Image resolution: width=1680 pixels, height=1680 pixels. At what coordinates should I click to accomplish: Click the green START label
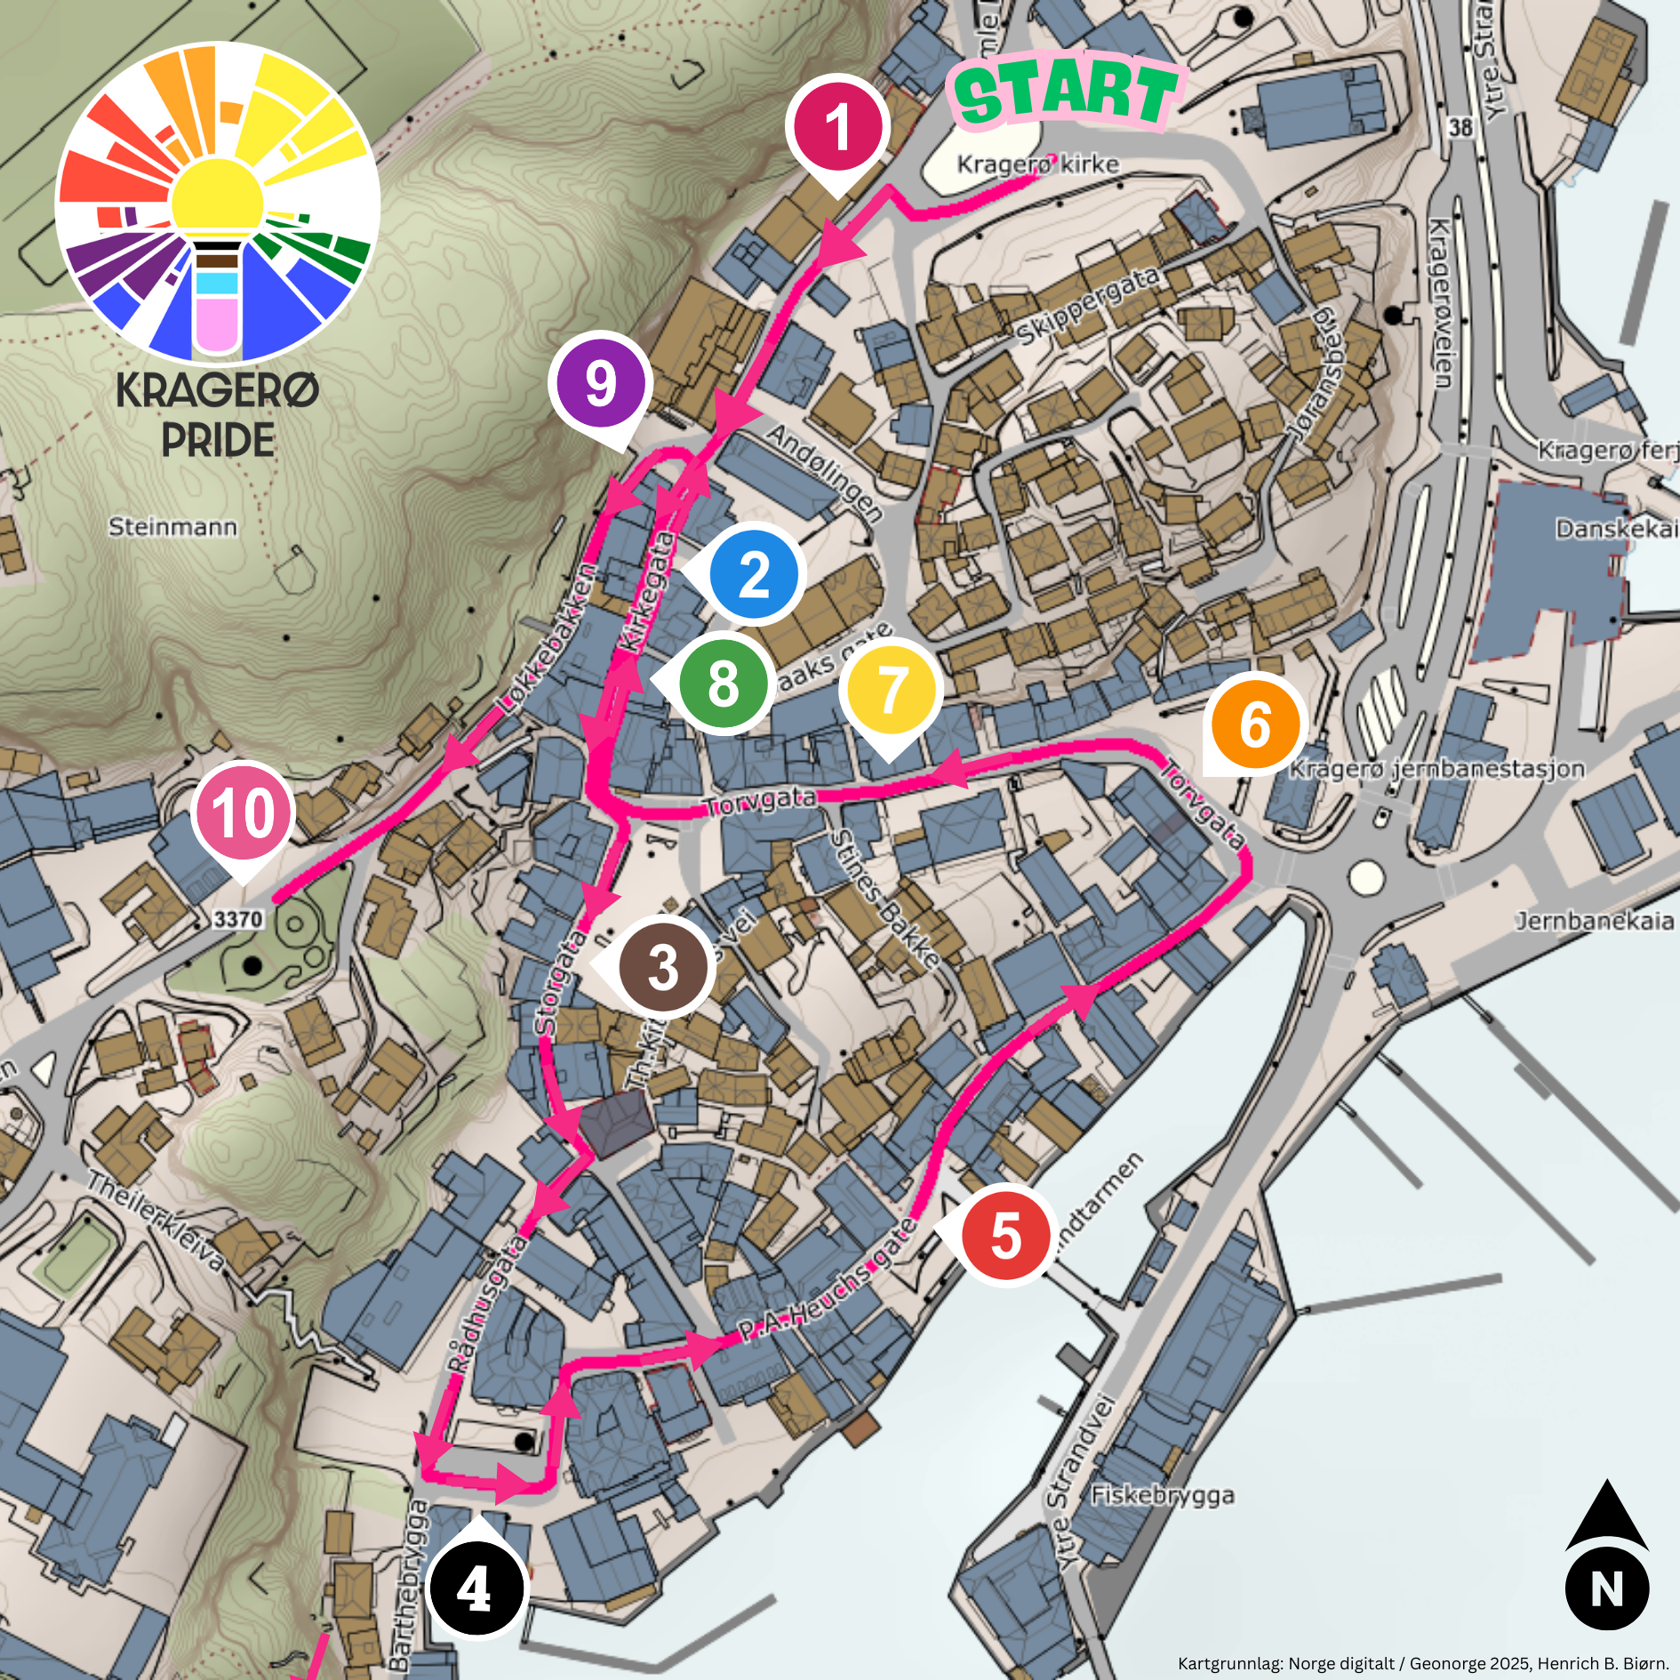(x=1067, y=92)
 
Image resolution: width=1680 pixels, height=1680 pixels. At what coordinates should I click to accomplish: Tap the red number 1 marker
(x=837, y=126)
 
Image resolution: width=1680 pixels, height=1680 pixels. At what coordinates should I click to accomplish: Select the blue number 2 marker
(x=755, y=574)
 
